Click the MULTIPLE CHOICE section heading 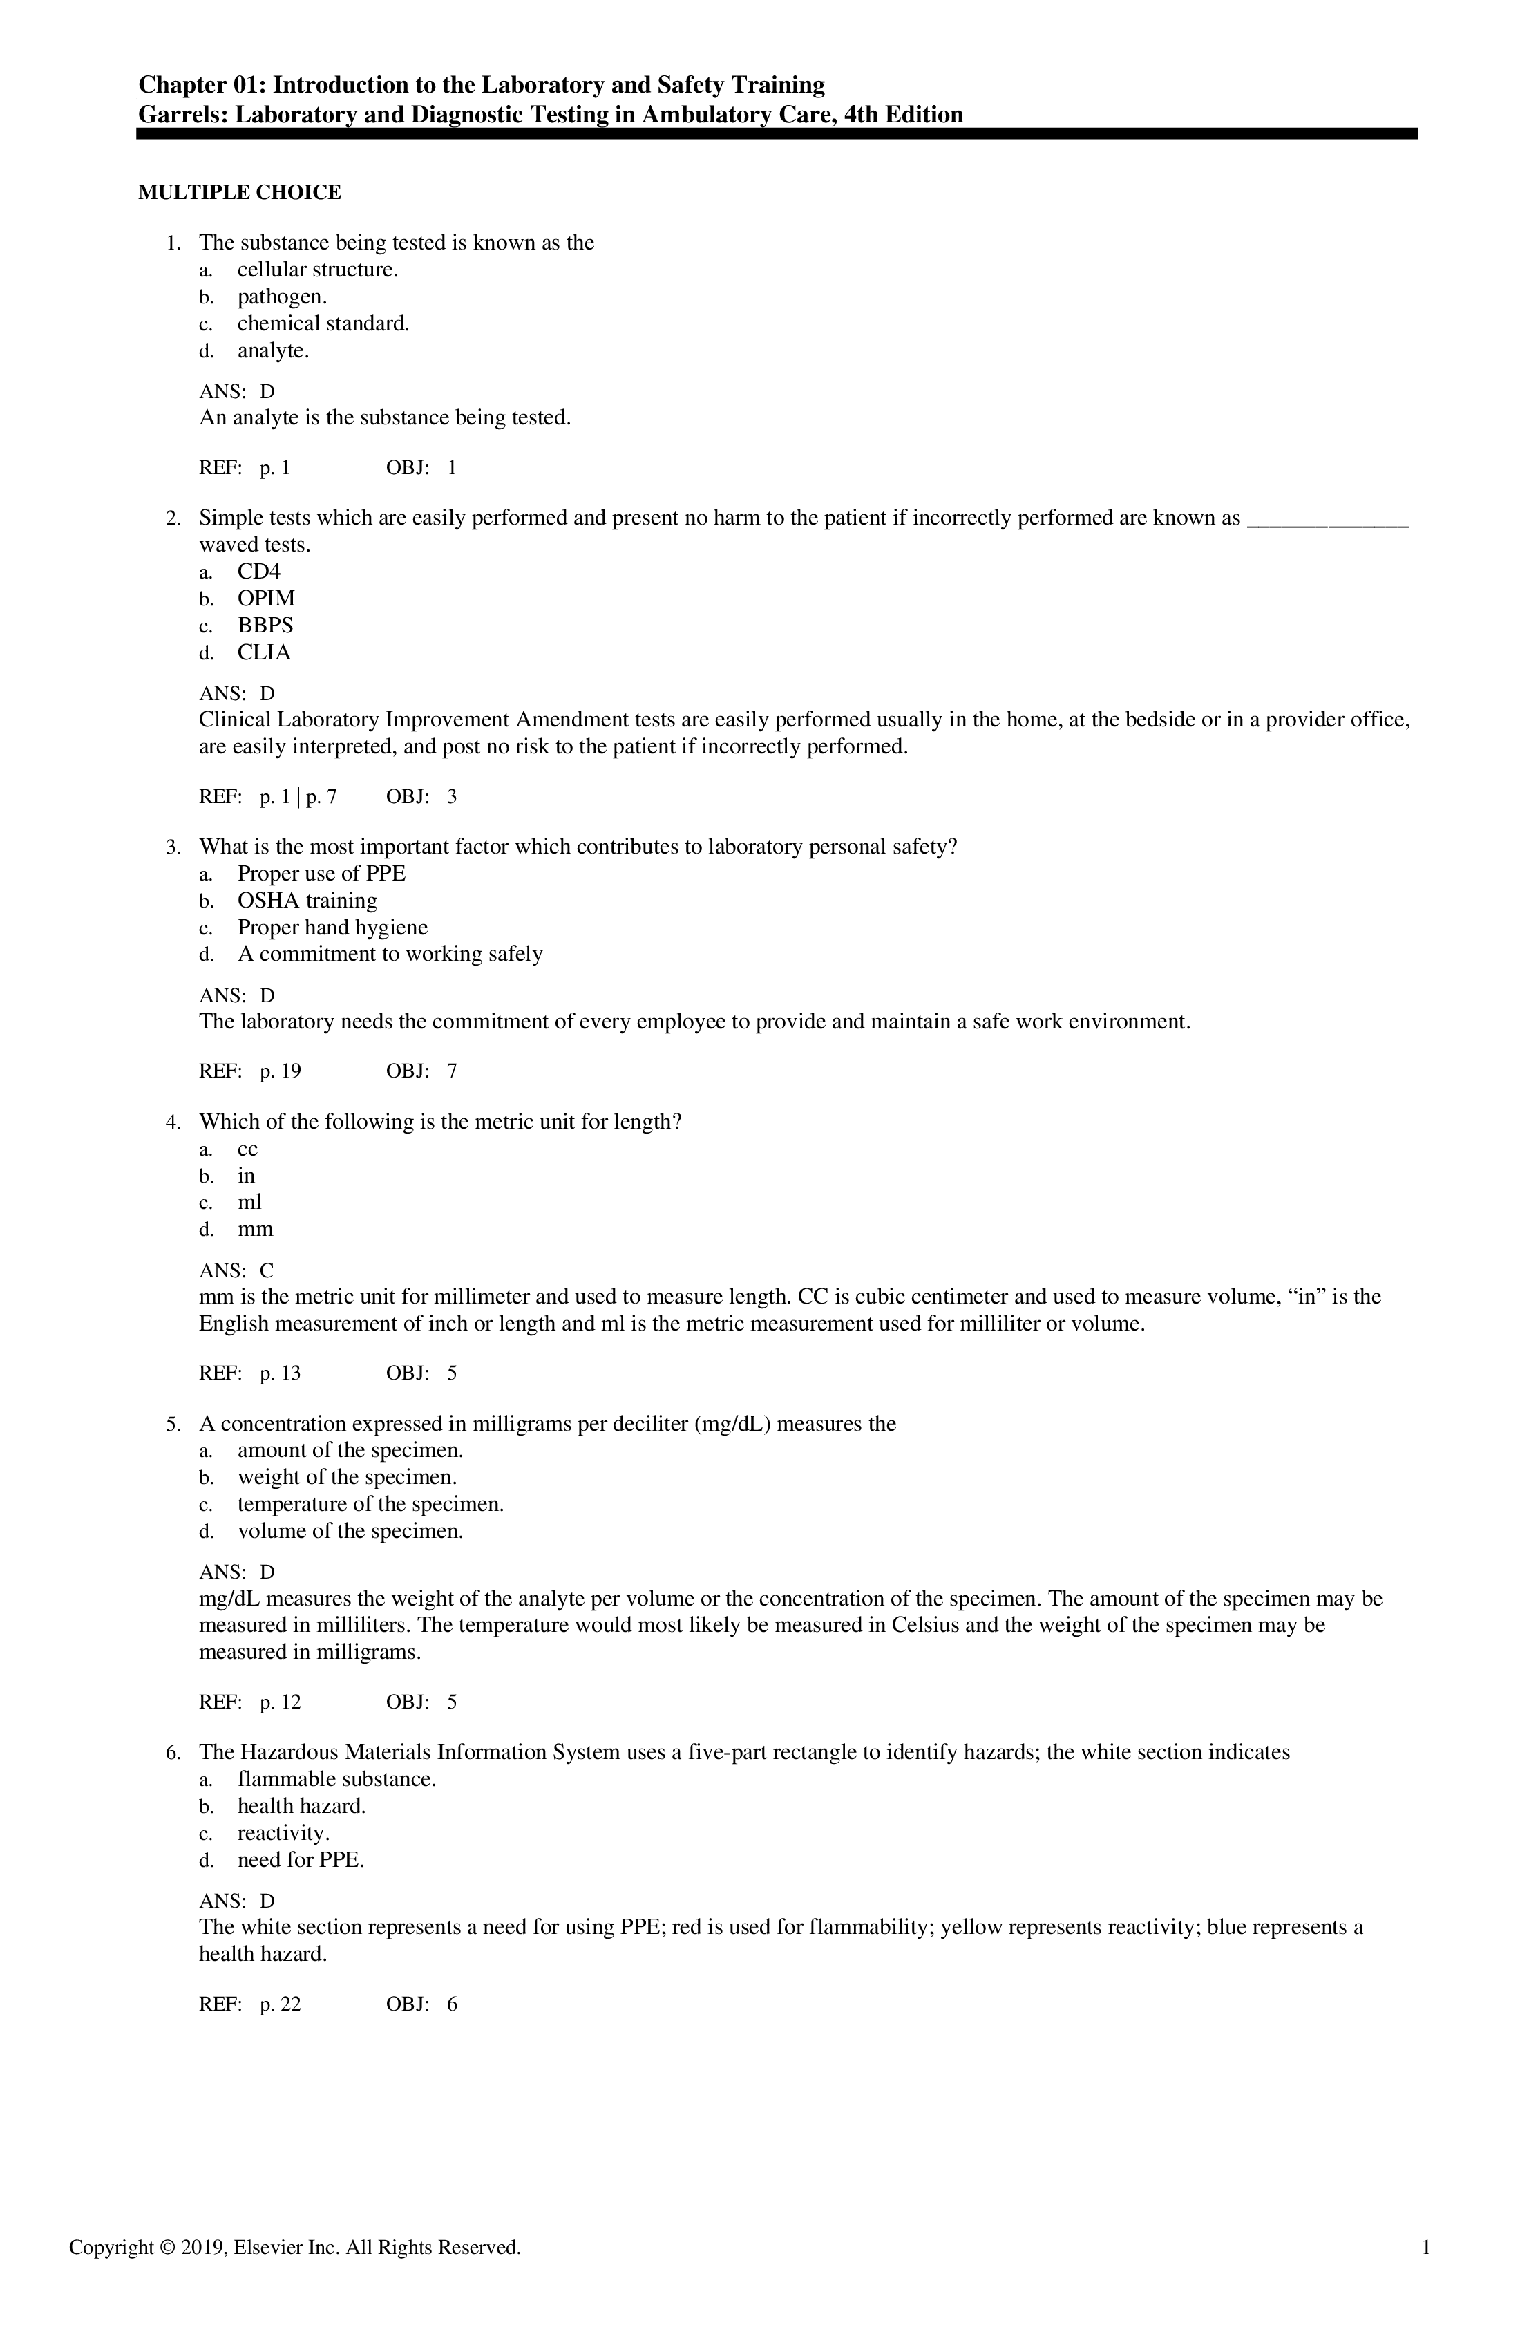[x=239, y=193]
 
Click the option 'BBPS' [x=265, y=625]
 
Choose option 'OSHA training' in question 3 [x=307, y=901]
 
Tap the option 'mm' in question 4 [x=255, y=1230]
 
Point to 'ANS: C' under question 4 [x=237, y=1271]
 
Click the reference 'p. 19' [x=281, y=1071]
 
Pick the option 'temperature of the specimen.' [x=370, y=1505]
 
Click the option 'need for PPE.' [x=301, y=1860]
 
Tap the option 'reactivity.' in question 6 [x=283, y=1834]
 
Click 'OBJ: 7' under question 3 [x=421, y=1071]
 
